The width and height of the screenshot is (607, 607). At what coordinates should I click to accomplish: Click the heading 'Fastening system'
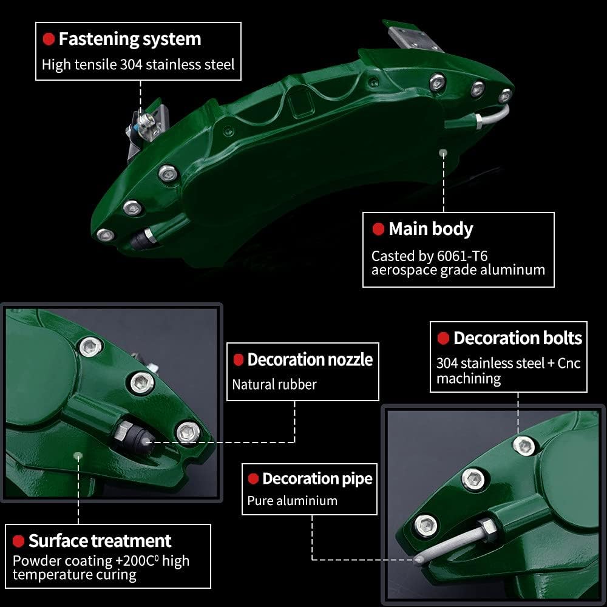[x=129, y=39]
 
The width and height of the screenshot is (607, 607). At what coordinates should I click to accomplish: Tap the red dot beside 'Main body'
[x=378, y=229]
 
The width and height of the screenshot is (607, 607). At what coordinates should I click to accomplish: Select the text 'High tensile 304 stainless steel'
[x=138, y=64]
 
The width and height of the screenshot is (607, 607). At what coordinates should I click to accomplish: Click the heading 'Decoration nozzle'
[x=310, y=359]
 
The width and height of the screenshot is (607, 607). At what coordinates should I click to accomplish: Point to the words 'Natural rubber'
[x=274, y=384]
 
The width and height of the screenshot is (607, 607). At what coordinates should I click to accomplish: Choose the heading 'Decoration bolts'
[x=517, y=338]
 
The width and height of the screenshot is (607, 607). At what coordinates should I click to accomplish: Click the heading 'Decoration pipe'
[x=317, y=479]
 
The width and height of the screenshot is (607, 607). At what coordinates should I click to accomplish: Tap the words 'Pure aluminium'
[x=292, y=501]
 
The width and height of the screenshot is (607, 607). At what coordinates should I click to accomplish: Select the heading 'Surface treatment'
[x=100, y=541]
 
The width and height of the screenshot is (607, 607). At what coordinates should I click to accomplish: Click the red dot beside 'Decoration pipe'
[x=253, y=480]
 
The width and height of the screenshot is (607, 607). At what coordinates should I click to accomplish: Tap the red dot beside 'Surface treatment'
[x=19, y=541]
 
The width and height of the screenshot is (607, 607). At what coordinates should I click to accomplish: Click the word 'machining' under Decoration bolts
[x=469, y=379]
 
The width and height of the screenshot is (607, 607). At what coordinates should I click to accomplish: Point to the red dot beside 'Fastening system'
[x=49, y=39]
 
